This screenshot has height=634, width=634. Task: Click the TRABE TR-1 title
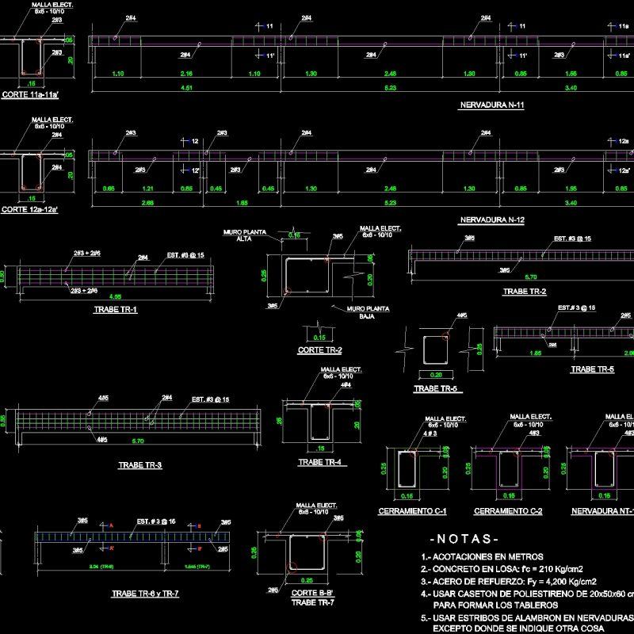click(x=115, y=309)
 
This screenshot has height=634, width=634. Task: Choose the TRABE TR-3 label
click(x=139, y=465)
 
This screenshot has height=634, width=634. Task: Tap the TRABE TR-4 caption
click(x=320, y=462)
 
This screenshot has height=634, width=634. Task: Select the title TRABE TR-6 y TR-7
click(x=145, y=593)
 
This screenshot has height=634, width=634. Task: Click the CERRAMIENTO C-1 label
click(x=413, y=510)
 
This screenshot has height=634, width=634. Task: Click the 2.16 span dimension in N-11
click(x=187, y=74)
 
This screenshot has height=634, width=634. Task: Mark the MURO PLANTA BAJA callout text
click(x=355, y=311)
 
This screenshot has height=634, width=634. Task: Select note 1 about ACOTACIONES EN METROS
click(x=476, y=556)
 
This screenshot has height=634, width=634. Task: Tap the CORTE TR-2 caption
click(x=319, y=349)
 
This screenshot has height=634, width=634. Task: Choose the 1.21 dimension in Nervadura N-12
click(x=148, y=189)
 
